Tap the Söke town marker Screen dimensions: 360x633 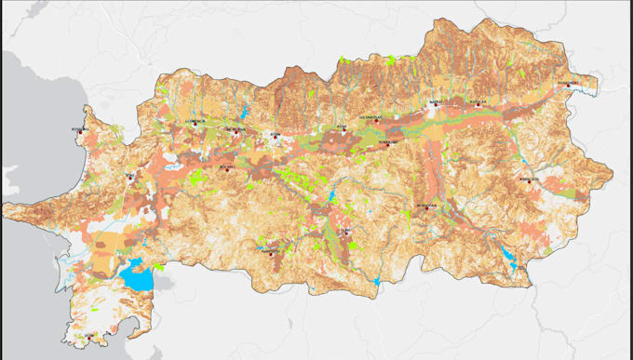131,175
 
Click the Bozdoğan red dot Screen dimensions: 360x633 426,207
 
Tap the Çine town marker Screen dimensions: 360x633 347,233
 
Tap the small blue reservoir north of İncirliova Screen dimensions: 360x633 244,113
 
